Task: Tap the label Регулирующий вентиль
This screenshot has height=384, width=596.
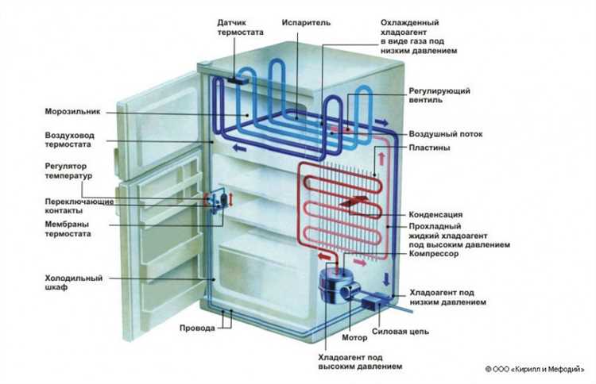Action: (x=435, y=96)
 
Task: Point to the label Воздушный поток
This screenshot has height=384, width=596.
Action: (x=447, y=133)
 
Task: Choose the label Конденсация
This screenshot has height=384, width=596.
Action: (x=435, y=215)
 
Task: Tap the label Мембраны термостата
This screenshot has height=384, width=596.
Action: (x=67, y=229)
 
